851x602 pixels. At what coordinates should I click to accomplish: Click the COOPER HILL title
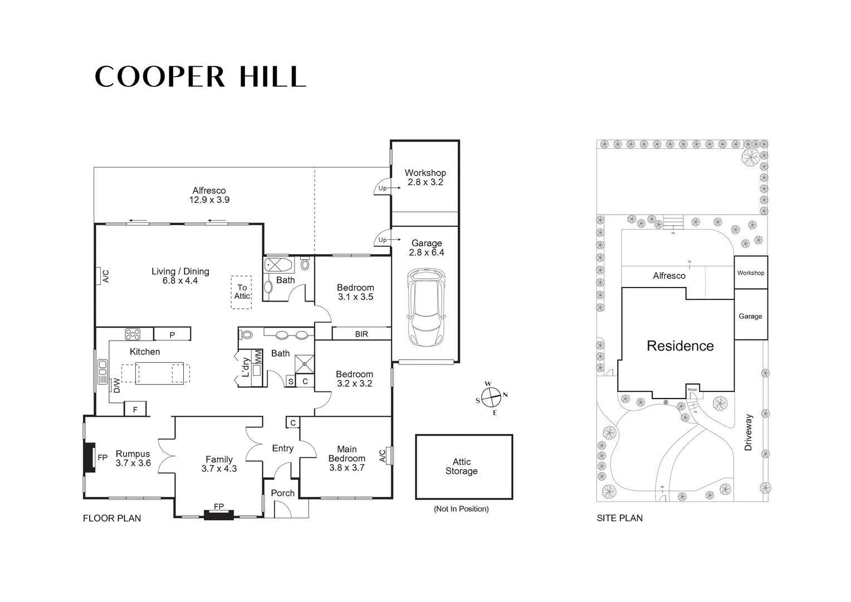[200, 76]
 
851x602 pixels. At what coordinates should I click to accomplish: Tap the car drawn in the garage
[426, 307]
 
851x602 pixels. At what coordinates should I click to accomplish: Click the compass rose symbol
[491, 398]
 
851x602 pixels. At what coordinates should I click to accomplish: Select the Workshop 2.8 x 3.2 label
[425, 177]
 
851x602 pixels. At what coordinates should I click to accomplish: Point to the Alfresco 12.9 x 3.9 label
[209, 195]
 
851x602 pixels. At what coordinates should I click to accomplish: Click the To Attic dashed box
[242, 292]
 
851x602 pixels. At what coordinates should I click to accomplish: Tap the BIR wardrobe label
[361, 334]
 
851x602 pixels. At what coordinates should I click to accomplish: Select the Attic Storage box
[463, 467]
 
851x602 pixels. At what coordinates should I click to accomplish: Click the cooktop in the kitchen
[133, 334]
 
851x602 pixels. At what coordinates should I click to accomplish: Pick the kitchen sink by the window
[102, 372]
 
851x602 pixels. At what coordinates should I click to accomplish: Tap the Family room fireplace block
[218, 515]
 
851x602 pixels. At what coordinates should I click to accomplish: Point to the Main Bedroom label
[346, 458]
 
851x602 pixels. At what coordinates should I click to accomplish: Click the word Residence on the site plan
[680, 346]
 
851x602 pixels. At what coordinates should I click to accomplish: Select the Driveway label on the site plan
[748, 432]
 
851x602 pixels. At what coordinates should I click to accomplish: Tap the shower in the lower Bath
[304, 363]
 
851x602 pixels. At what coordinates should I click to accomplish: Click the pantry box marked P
[172, 334]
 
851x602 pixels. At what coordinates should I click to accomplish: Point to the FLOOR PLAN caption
[112, 518]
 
